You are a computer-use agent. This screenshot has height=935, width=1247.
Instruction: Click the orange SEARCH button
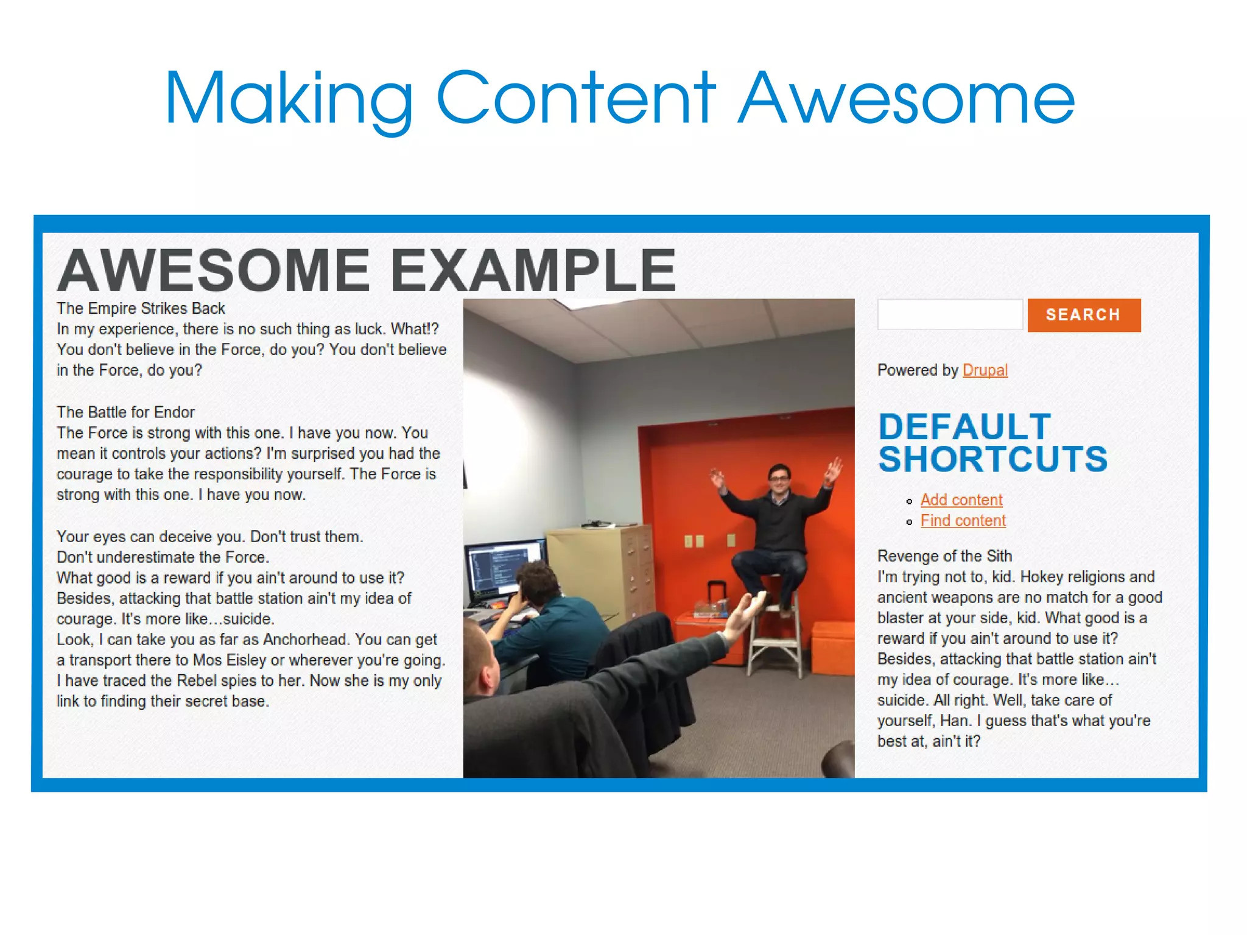(x=1083, y=315)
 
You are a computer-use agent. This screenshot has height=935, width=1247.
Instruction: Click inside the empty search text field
(x=949, y=315)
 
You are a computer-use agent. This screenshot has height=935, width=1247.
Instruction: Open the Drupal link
(x=985, y=370)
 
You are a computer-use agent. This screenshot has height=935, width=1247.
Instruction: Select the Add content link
(x=961, y=500)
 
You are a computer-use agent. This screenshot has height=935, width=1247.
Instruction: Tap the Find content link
(x=963, y=521)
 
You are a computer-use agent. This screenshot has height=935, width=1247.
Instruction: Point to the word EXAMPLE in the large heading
(x=532, y=270)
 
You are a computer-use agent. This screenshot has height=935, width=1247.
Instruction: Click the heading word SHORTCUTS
(x=992, y=459)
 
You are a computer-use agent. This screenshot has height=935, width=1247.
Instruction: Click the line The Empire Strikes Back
(x=141, y=308)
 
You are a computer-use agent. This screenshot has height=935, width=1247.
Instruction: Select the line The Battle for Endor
(x=125, y=412)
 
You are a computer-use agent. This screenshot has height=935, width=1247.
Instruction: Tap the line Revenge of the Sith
(x=944, y=556)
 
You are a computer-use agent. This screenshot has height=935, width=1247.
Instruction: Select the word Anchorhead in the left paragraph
(x=305, y=640)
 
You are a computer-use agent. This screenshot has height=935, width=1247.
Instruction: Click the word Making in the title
(x=289, y=99)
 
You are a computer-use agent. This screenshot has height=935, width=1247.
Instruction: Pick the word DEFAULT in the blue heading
(x=964, y=426)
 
